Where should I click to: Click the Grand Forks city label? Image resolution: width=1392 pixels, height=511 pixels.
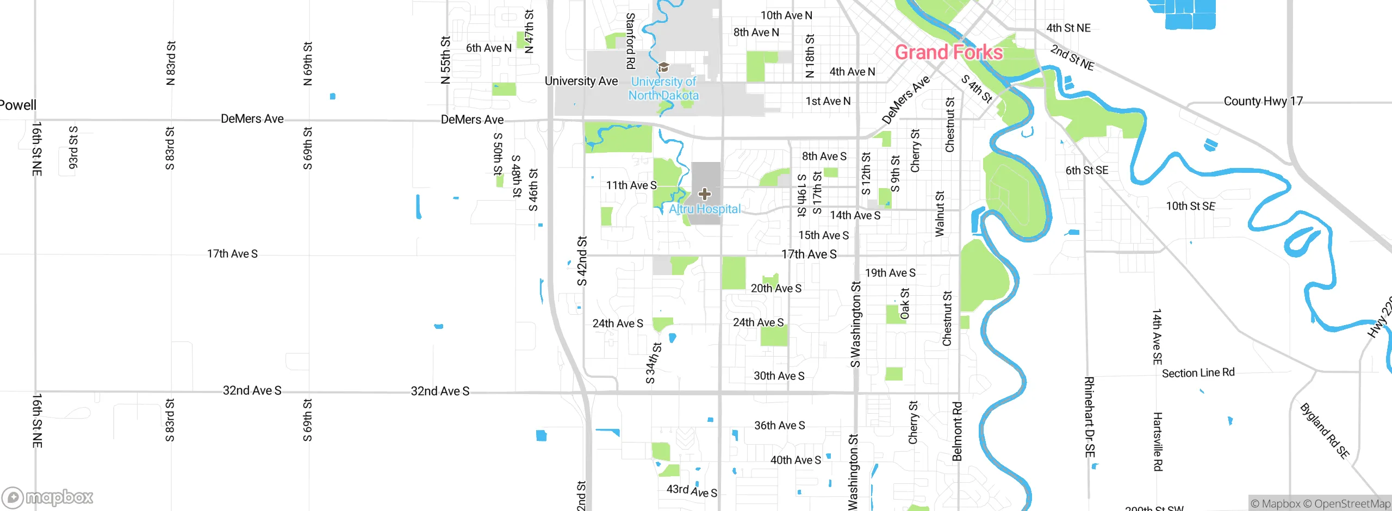949,52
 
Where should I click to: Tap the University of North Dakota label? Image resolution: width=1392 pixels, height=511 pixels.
663,89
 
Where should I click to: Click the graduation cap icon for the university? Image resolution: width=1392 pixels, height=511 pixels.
663,67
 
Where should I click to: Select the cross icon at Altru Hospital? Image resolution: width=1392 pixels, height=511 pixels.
705,194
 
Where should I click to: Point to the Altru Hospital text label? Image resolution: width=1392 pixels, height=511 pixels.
705,209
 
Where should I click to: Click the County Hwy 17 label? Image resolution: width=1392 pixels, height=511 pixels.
1263,101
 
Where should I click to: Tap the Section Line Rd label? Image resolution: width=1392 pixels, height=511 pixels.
1198,373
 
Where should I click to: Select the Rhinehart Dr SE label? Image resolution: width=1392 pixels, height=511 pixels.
1090,417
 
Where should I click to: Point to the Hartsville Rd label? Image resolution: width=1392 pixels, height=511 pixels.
1158,441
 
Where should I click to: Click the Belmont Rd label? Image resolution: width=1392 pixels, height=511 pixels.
957,431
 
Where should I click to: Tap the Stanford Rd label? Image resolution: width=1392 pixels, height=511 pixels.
630,41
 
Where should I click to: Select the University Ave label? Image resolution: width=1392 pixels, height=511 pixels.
581,81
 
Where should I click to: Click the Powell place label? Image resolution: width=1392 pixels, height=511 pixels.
18,105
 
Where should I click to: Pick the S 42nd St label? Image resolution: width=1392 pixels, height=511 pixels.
582,261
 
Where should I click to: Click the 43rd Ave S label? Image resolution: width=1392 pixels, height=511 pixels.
692,490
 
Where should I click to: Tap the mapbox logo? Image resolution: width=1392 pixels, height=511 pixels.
48,497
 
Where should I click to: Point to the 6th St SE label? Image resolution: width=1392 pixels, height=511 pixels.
1086,170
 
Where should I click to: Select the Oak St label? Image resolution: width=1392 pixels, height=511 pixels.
904,304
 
